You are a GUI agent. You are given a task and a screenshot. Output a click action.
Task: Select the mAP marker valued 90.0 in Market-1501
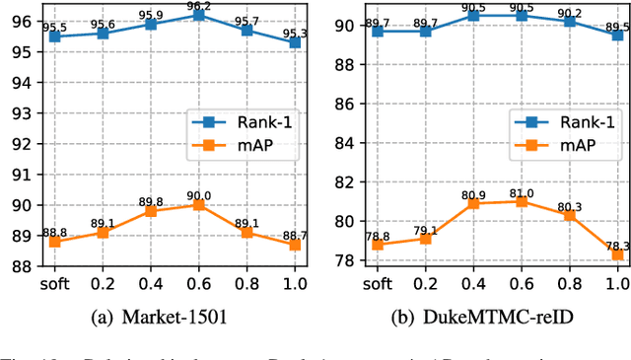(x=227, y=204)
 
